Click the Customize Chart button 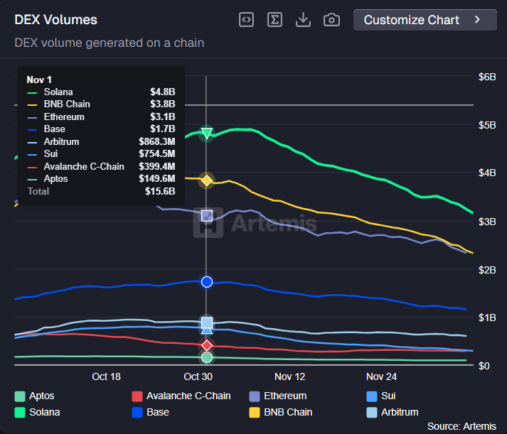pyautogui.click(x=425, y=20)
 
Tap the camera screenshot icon pyautogui.click(x=331, y=20)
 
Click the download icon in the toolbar pyautogui.click(x=303, y=20)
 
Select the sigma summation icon pyautogui.click(x=274, y=20)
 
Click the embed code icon pyautogui.click(x=246, y=20)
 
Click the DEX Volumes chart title pyautogui.click(x=56, y=20)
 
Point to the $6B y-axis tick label pyautogui.click(x=487, y=77)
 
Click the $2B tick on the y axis pyautogui.click(x=487, y=269)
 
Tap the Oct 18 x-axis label pyautogui.click(x=106, y=376)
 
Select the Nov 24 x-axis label pyautogui.click(x=381, y=376)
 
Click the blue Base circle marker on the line pyautogui.click(x=207, y=282)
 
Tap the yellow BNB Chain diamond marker pyautogui.click(x=207, y=180)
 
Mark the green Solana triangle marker pyautogui.click(x=207, y=133)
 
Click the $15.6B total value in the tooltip pyautogui.click(x=161, y=192)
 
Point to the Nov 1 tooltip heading pyautogui.click(x=39, y=80)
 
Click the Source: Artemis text pyautogui.click(x=462, y=426)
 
